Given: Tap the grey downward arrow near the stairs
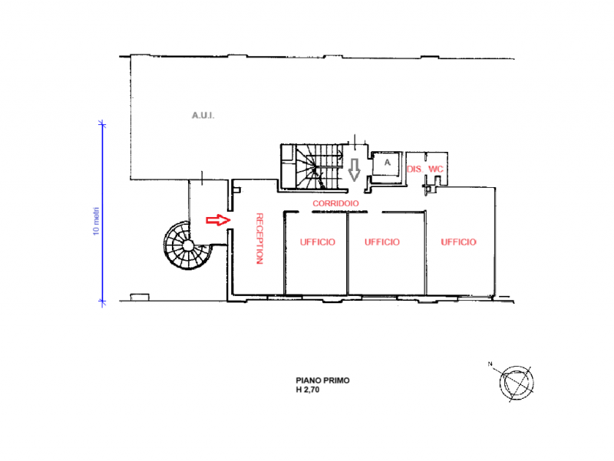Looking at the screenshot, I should point(354,169).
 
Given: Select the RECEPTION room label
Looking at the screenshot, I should point(259,238).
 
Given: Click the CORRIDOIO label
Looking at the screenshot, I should point(336,203).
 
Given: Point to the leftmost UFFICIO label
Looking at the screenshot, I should point(312,242).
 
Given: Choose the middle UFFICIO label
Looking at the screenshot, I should point(381,242).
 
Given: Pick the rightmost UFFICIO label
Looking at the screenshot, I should point(458,242).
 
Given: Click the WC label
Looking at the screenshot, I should point(436,169).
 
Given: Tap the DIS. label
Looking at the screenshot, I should point(414,169).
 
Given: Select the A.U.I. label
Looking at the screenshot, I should point(203,116).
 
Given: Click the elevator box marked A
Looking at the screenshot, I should point(387,163).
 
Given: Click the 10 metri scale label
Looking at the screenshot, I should point(96,220).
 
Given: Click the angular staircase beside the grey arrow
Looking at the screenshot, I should point(311,165).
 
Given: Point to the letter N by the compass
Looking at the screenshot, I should point(490,364).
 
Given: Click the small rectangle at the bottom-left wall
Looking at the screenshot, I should point(140,297).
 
